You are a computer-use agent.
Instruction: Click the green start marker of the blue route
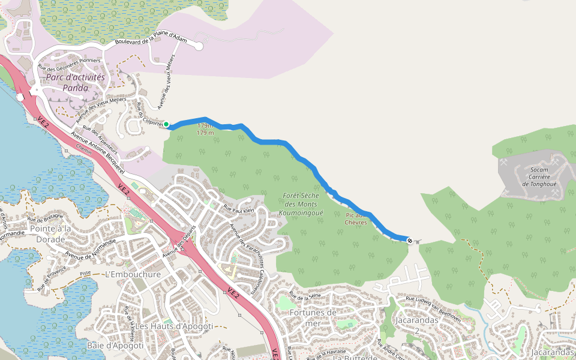point(167,124)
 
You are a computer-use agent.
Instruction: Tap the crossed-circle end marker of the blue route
point(410,241)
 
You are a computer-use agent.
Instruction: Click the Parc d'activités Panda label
point(76,82)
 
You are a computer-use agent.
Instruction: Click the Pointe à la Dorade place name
point(41,233)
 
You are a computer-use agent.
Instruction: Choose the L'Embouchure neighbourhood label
point(133,274)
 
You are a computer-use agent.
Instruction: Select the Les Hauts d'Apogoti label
point(174,326)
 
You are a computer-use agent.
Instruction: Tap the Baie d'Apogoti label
point(115,346)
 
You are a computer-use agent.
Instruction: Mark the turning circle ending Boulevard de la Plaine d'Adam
point(199,46)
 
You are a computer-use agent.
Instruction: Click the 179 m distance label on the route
point(205,129)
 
